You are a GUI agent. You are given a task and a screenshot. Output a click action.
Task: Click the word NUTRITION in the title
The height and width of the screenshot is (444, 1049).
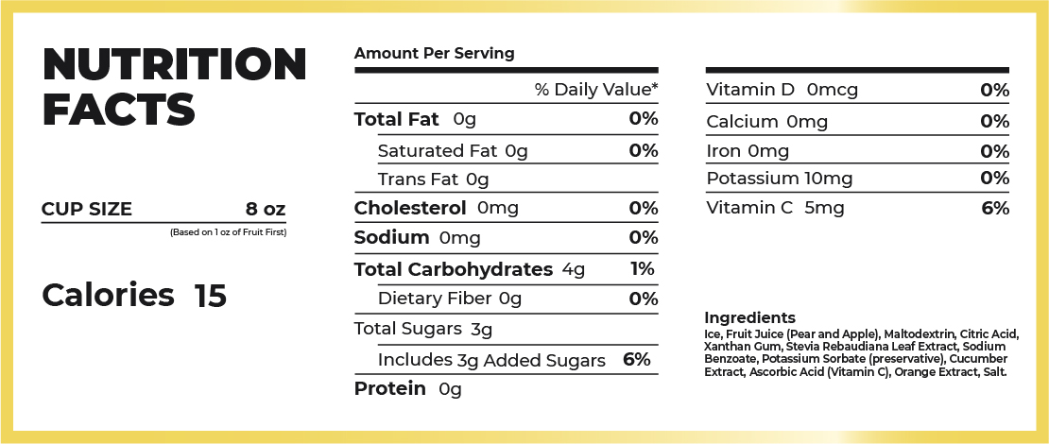coord(175,64)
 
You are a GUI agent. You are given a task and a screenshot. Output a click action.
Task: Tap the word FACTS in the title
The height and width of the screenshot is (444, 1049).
coord(119,109)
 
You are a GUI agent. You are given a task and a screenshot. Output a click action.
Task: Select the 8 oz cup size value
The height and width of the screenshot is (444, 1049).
coord(265,209)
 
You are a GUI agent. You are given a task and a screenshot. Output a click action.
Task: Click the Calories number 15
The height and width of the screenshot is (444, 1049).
coord(211,296)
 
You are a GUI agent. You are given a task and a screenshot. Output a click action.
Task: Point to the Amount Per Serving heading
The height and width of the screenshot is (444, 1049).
coord(434,54)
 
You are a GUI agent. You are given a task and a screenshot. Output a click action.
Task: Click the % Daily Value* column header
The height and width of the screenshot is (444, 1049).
coord(595,90)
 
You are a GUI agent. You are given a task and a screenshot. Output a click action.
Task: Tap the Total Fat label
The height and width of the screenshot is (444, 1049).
coord(397,119)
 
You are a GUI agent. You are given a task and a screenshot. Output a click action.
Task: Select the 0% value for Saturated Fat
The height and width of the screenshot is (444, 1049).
coord(643,150)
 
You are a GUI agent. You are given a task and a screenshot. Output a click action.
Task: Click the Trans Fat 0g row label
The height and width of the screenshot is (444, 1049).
coord(433,179)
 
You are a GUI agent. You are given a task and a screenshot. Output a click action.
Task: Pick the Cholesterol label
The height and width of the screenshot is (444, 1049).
coord(410,208)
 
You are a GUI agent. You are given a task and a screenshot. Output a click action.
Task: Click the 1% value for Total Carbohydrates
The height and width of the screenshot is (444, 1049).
coord(643,269)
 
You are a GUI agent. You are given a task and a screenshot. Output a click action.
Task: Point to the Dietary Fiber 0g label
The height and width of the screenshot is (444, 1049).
coord(449,299)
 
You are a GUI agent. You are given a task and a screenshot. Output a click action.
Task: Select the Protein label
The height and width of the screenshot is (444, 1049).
coord(389,389)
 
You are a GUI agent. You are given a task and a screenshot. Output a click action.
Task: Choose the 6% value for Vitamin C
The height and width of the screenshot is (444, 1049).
coord(995,208)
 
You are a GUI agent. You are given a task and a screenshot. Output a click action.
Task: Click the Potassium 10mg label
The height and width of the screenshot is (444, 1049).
coord(780,179)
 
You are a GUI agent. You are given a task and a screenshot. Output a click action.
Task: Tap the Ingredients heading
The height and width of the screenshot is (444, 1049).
coord(749,317)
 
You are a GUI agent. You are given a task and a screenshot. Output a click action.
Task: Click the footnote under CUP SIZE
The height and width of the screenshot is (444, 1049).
coord(228,232)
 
